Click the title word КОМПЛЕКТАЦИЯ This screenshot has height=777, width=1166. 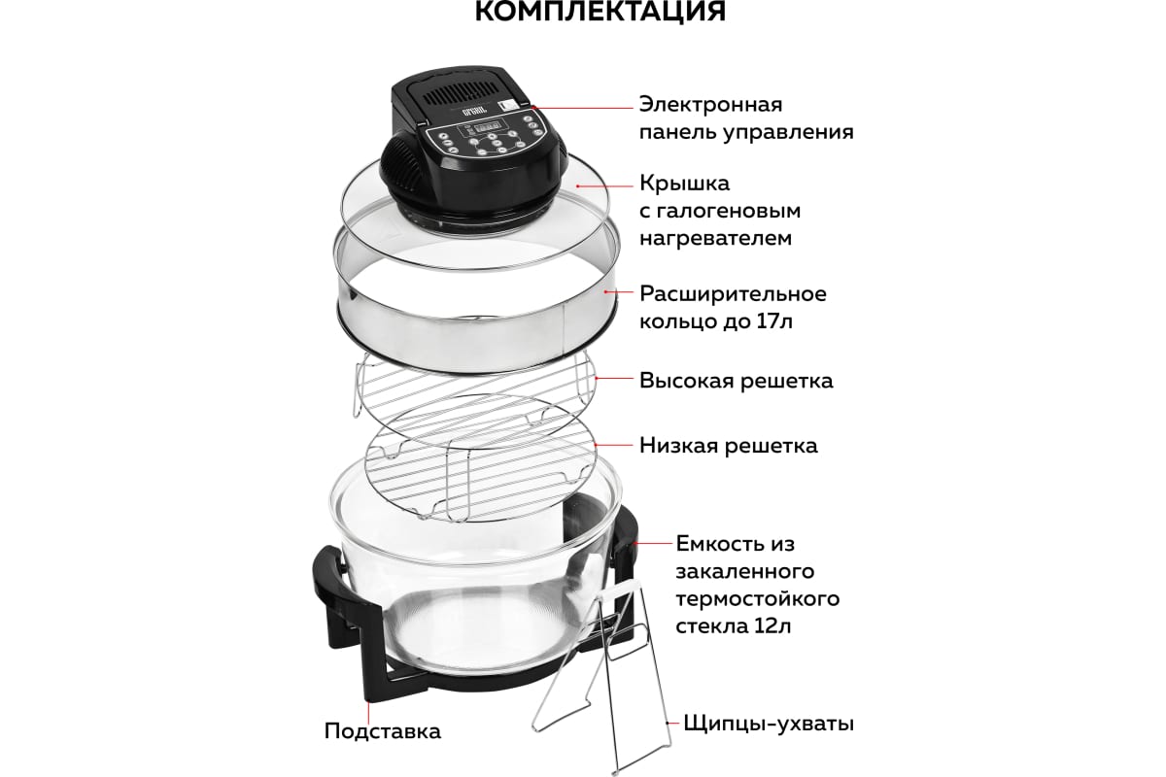click(x=600, y=11)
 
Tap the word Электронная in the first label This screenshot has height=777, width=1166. click(x=710, y=105)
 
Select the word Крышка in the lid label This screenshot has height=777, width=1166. click(x=684, y=184)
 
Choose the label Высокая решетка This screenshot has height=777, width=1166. click(x=737, y=381)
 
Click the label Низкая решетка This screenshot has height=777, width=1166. click(x=728, y=446)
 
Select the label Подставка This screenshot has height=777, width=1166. click(x=383, y=731)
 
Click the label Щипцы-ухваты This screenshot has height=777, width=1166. click(x=769, y=724)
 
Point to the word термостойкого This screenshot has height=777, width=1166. click(x=757, y=599)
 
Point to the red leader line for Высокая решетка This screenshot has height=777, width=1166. click(x=614, y=378)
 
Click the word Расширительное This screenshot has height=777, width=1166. click(x=733, y=294)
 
